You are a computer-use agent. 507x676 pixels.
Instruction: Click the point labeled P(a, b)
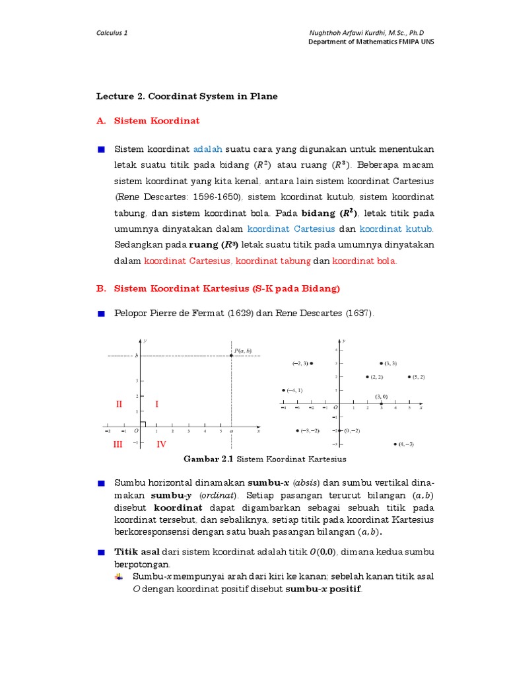point(231,356)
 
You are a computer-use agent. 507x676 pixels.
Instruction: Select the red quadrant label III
point(118,444)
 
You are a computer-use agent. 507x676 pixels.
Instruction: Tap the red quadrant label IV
point(161,444)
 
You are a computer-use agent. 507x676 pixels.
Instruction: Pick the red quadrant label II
point(119,404)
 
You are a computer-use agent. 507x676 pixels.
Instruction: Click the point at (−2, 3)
point(311,363)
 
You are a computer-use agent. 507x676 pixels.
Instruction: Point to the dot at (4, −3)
point(395,444)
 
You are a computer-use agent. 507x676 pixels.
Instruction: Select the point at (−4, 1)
point(283,390)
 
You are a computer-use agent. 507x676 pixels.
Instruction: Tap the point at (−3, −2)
point(297,430)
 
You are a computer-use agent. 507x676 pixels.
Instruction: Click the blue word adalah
point(207,149)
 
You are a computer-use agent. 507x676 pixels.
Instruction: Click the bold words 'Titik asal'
point(137,551)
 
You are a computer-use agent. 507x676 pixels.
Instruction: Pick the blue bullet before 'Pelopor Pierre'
point(101,314)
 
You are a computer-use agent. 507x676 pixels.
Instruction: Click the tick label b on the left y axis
point(137,356)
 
